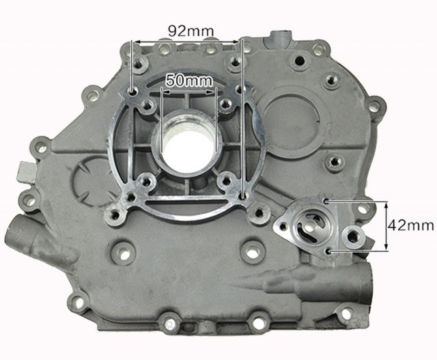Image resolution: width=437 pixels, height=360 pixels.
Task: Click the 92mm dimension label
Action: pyautogui.click(x=191, y=31)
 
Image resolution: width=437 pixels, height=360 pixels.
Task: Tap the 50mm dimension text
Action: pyautogui.click(x=189, y=81)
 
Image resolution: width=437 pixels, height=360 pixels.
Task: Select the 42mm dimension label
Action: pyautogui.click(x=411, y=225)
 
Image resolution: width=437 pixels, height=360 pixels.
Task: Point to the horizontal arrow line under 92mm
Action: pyautogui.click(x=186, y=42)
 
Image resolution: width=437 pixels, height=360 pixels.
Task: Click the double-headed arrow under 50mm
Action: pyautogui.click(x=189, y=91)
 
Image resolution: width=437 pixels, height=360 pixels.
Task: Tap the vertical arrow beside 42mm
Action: pyautogui.click(x=386, y=226)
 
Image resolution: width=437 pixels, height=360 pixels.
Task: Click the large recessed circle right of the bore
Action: pyautogui.click(x=290, y=113)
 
